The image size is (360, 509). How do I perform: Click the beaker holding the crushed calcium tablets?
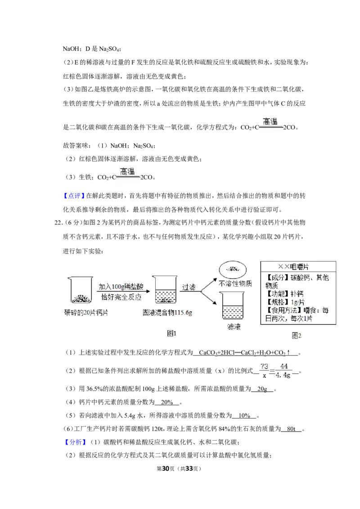point(80,290)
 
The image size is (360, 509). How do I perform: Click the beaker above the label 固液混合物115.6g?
point(165,289)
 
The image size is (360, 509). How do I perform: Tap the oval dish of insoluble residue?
point(233,269)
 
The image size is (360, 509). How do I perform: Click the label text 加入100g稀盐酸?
point(121,286)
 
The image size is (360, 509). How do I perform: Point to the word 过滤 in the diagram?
point(189,287)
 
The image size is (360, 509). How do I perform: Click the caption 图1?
point(171,333)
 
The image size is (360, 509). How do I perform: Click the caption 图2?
point(296,335)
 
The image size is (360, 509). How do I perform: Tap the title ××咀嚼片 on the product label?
point(293,267)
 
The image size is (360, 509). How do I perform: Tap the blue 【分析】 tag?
point(75,442)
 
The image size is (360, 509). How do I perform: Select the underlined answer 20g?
point(262,388)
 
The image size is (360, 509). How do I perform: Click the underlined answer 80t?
point(291,429)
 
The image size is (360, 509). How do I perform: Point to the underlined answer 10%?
point(244,415)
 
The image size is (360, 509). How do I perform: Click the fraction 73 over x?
point(265,371)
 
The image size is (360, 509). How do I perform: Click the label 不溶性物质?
point(235,284)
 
